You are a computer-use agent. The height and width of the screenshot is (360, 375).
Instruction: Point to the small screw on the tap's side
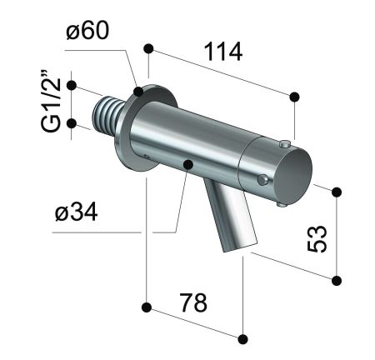click(x=263, y=178)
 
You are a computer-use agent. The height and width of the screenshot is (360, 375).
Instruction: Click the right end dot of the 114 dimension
click(x=294, y=97)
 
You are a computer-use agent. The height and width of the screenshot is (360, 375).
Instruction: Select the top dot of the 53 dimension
click(x=337, y=192)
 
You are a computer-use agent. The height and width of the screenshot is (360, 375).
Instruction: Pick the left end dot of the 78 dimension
click(x=146, y=307)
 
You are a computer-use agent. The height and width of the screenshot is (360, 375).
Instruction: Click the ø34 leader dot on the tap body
click(x=188, y=163)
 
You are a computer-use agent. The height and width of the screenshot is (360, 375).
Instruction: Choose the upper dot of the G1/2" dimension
click(x=72, y=85)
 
